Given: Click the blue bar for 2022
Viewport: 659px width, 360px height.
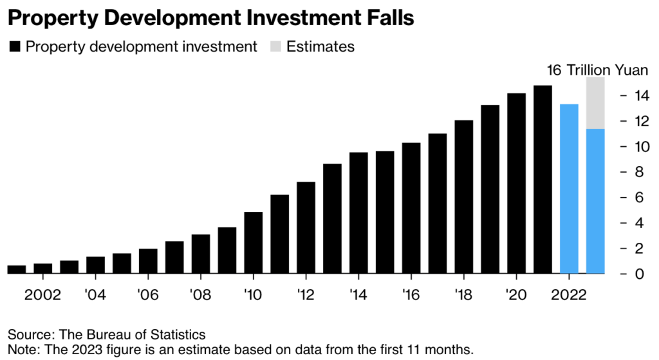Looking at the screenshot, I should (x=569, y=189).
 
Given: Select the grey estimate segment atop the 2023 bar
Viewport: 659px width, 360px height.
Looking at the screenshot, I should (x=595, y=103).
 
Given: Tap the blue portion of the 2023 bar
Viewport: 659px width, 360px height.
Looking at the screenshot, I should (x=595, y=201).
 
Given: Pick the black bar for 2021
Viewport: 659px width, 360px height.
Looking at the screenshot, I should (x=543, y=179).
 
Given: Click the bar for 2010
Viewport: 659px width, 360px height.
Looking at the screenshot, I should (x=254, y=242).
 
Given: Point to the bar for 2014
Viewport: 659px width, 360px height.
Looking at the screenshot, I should (x=358, y=213).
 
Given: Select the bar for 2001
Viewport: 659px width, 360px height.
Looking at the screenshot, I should (x=17, y=269).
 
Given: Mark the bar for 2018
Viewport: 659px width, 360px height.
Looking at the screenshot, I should (x=464, y=196).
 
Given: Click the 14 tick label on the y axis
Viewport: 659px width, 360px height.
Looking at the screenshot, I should (x=640, y=96).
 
